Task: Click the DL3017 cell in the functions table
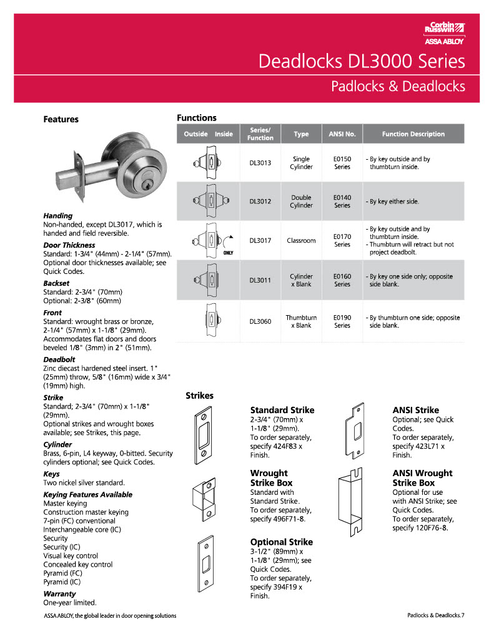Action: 260,240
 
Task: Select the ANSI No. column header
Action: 342,134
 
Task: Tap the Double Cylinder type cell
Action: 301,202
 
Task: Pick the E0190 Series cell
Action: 342,321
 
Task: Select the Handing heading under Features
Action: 57,216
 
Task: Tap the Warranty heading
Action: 59,594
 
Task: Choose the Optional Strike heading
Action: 281,542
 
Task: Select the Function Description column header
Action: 413,134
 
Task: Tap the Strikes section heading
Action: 199,396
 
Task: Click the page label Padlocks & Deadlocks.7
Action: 436,616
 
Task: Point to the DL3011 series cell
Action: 260,280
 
